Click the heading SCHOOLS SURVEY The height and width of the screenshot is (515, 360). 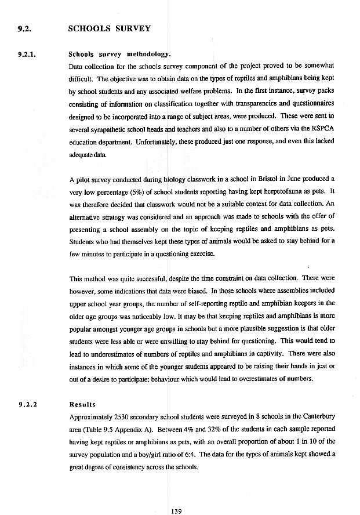(x=109, y=28)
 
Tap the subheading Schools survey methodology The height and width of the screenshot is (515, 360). (x=119, y=55)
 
